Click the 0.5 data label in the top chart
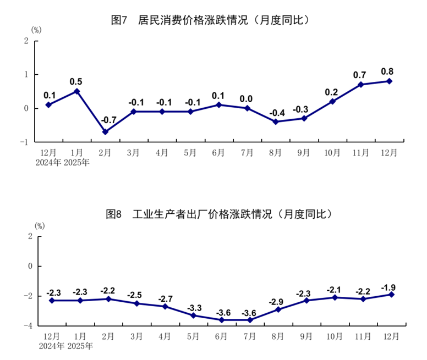[x=76, y=81]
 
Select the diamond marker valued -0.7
[x=105, y=132]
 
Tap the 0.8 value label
[x=387, y=71]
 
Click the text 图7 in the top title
[x=119, y=20]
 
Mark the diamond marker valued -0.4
[x=276, y=121]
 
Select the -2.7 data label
[x=165, y=298]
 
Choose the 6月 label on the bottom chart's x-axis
[x=221, y=335]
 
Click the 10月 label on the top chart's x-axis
[x=332, y=152]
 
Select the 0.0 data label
[x=246, y=99]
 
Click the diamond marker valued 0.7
[x=360, y=85]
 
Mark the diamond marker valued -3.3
[x=193, y=315]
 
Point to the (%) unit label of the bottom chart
[x=40, y=225]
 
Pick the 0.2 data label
[x=332, y=92]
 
